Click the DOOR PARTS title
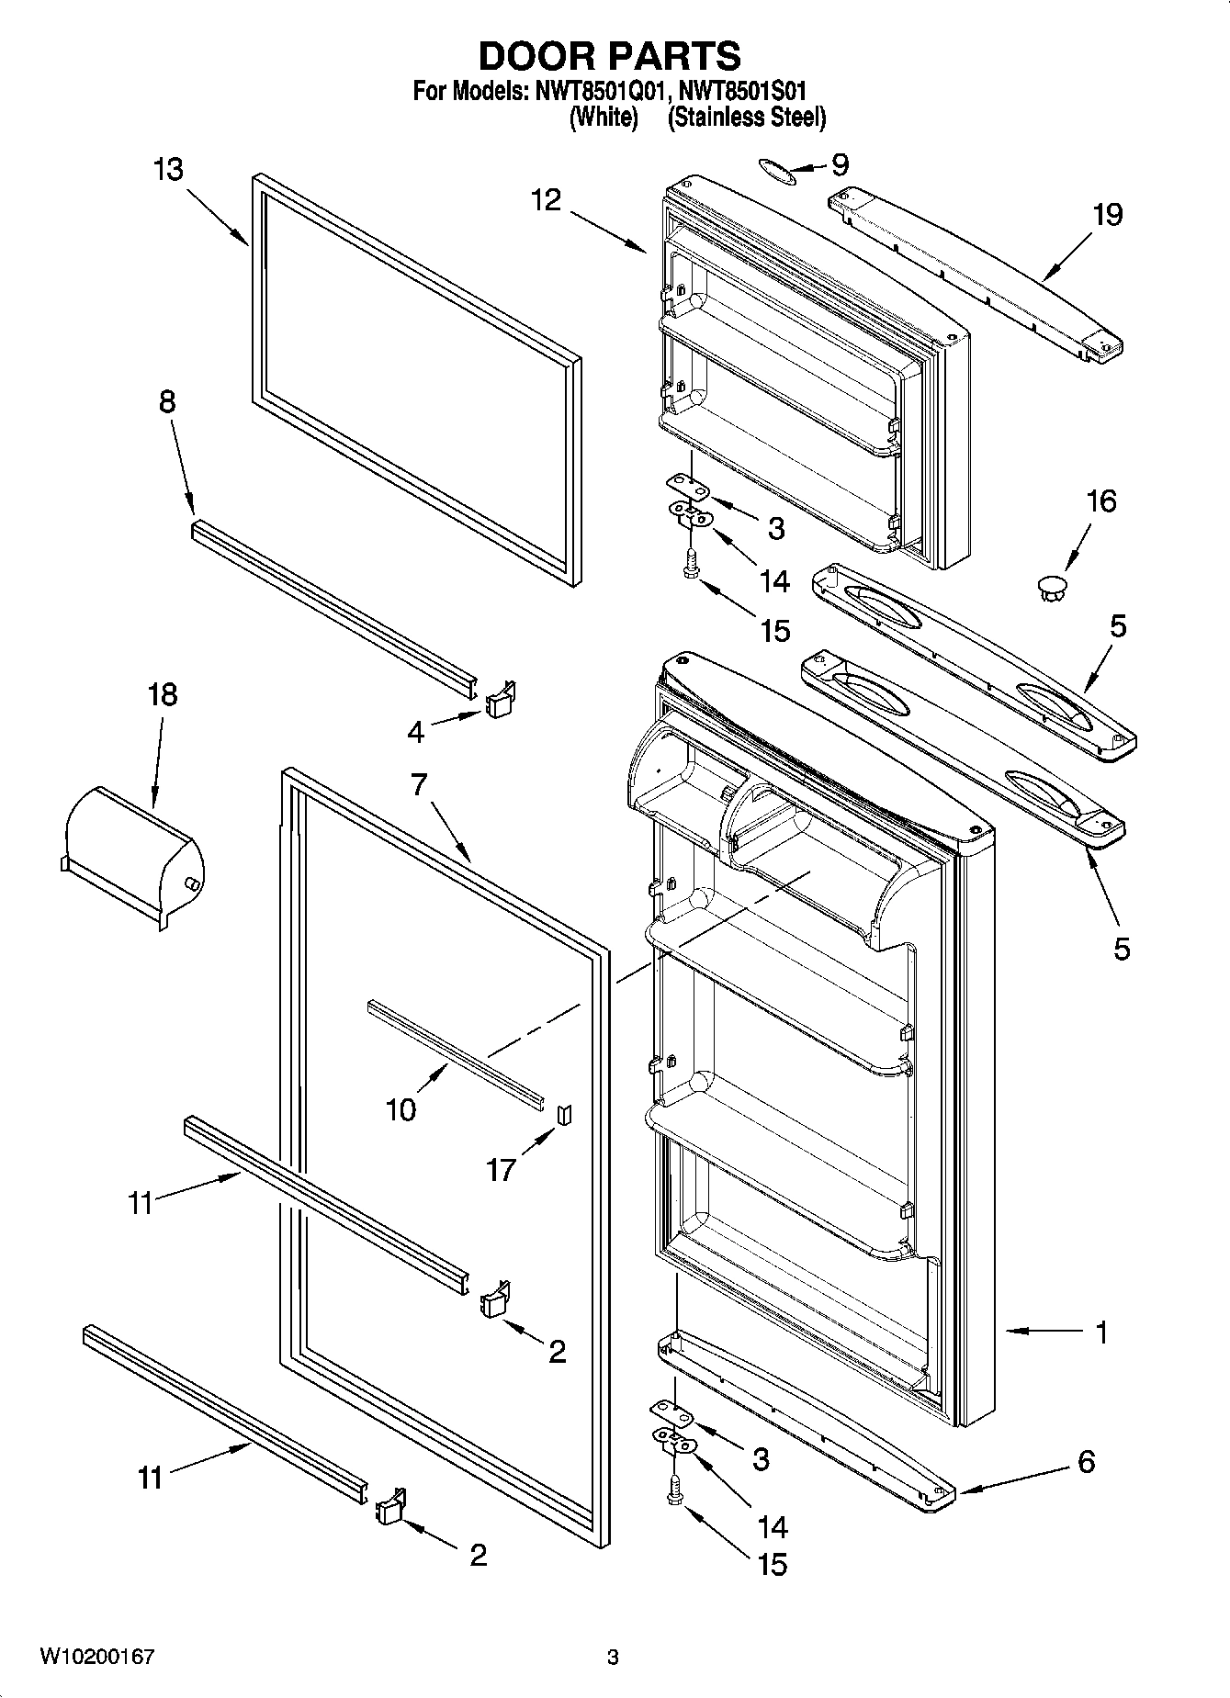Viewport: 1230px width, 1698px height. point(610,56)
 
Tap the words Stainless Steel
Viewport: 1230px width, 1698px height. point(747,118)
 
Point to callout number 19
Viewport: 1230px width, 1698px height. point(1108,215)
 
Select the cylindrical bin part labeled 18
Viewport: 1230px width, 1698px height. point(133,849)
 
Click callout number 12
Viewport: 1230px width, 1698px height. point(546,200)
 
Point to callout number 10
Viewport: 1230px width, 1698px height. point(401,1109)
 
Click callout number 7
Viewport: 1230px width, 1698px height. point(419,785)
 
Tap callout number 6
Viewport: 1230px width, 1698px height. point(1086,1461)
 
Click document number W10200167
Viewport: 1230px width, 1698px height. point(96,1657)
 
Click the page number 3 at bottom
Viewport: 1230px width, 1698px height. point(613,1658)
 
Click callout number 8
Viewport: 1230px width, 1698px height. point(167,401)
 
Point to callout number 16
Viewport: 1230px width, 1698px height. point(1101,501)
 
